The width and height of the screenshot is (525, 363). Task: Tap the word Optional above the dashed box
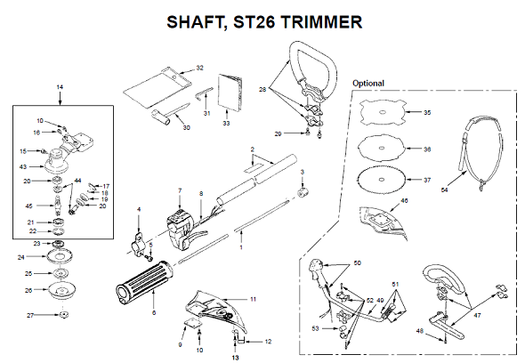(x=369, y=83)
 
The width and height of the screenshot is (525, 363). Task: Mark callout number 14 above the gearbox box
(x=61, y=86)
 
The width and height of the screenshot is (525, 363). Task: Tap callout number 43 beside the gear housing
(x=22, y=166)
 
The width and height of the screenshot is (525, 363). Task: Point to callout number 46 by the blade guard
(x=405, y=202)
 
